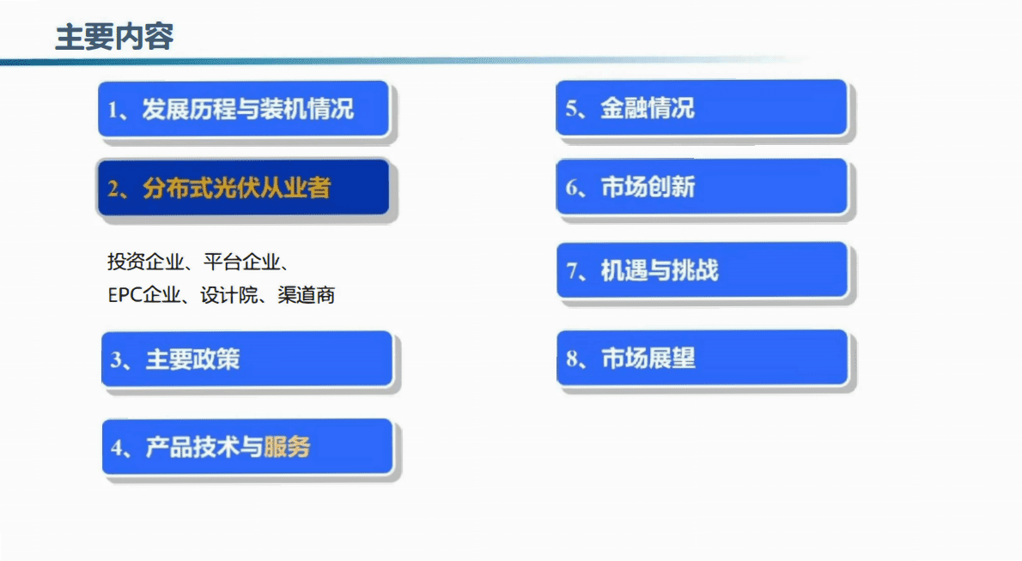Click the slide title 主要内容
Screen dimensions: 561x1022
pos(114,38)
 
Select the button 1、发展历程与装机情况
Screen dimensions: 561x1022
pos(245,109)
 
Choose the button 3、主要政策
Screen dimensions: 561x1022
pos(246,359)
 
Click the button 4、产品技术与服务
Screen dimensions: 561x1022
pos(246,447)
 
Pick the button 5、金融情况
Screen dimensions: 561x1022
pos(701,108)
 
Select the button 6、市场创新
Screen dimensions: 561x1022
pos(701,187)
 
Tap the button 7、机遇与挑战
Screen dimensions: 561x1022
pos(701,270)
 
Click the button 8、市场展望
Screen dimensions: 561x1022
pos(701,358)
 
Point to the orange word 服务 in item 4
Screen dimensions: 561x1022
pos(287,447)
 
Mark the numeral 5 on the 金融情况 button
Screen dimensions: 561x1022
pos(570,109)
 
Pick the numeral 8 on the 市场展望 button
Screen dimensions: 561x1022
pos(571,359)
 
